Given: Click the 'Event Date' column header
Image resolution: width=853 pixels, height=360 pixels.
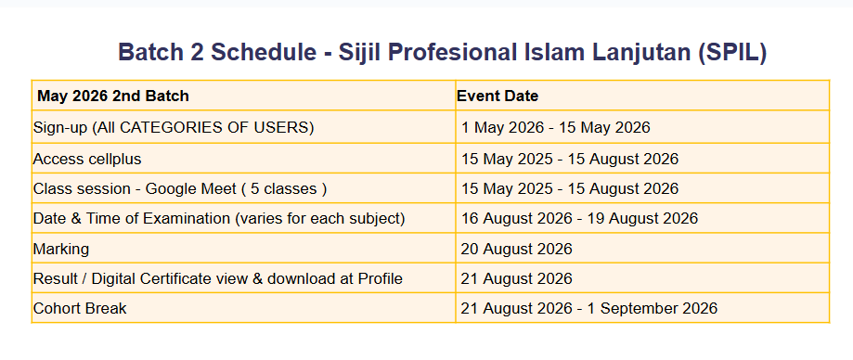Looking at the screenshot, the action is pyautogui.click(x=498, y=96).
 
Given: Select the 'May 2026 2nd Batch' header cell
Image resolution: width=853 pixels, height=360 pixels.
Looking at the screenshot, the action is pyautogui.click(x=113, y=96).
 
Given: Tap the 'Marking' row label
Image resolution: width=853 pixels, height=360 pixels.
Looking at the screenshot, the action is pyautogui.click(x=61, y=249).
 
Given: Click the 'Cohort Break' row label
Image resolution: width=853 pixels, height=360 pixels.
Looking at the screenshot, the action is pyautogui.click(x=80, y=308).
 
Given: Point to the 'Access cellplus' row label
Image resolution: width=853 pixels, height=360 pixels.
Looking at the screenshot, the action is pyautogui.click(x=87, y=160).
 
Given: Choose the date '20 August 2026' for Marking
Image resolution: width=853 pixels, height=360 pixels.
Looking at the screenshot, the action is pyautogui.click(x=516, y=249).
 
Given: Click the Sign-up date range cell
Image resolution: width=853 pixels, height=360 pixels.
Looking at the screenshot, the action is pyautogui.click(x=555, y=128).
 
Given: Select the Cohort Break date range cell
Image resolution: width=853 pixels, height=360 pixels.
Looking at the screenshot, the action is pyautogui.click(x=588, y=308).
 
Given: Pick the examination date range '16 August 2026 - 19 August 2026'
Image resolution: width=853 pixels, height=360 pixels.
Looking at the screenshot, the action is pyautogui.click(x=579, y=219).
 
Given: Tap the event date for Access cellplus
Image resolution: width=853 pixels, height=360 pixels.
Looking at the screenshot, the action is pyautogui.click(x=570, y=160).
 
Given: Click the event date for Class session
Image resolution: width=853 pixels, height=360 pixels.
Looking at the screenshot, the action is pyautogui.click(x=570, y=188).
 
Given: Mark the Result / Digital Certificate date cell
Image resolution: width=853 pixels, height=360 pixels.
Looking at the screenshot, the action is pyautogui.click(x=516, y=278).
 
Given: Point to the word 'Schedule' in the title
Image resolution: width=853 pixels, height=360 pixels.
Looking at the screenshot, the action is pyautogui.click(x=264, y=52).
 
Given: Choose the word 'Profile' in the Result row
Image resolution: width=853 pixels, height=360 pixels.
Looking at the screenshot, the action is pyautogui.click(x=381, y=278).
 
